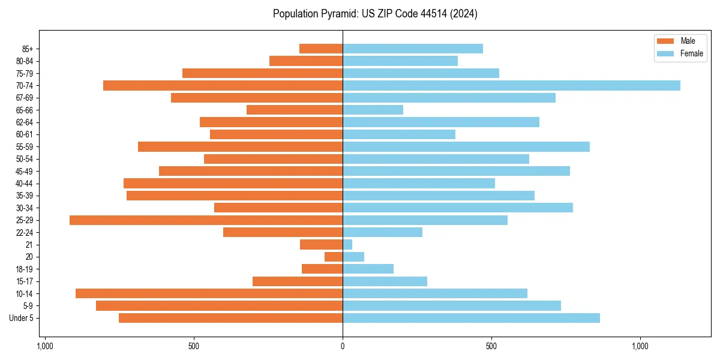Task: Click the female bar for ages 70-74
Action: pyautogui.click(x=511, y=86)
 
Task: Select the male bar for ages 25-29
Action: pyautogui.click(x=206, y=220)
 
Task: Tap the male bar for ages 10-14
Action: pyautogui.click(x=209, y=293)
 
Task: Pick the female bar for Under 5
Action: pyautogui.click(x=471, y=318)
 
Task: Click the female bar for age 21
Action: pyautogui.click(x=347, y=245)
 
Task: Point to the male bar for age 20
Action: pyautogui.click(x=334, y=257)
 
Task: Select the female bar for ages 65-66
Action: pyautogui.click(x=373, y=110)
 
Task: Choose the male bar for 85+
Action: pyautogui.click(x=321, y=49)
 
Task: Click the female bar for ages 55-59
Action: pyautogui.click(x=466, y=147)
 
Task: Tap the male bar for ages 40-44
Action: pyautogui.click(x=233, y=184)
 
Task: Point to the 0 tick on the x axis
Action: pyautogui.click(x=343, y=346)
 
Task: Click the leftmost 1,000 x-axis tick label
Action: pyautogui.click(x=45, y=346)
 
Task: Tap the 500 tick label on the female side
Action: pyautogui.click(x=491, y=346)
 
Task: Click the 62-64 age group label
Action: pyautogui.click(x=25, y=122)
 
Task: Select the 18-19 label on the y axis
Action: pyautogui.click(x=25, y=269)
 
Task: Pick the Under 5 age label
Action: pyautogui.click(x=22, y=318)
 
